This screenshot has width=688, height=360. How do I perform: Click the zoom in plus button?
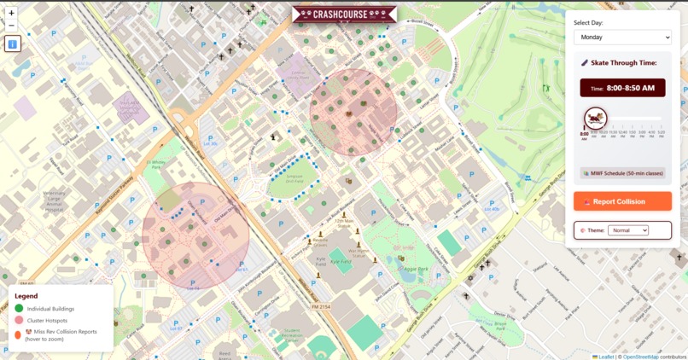click(x=12, y=14)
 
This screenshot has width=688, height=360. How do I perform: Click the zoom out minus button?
click(x=12, y=26)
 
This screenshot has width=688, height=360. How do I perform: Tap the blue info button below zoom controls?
click(x=13, y=44)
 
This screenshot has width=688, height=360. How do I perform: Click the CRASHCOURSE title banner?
click(x=344, y=14)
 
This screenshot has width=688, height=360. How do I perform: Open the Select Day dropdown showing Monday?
click(x=622, y=38)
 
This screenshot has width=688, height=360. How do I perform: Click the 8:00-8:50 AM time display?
click(x=622, y=88)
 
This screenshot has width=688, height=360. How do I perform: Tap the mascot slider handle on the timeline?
click(x=595, y=118)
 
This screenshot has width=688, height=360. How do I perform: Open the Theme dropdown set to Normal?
click(x=627, y=230)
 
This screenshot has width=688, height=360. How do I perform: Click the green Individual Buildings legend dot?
click(x=19, y=308)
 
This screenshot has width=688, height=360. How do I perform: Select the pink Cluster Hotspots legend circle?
click(x=19, y=320)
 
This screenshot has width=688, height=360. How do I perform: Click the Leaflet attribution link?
click(x=604, y=357)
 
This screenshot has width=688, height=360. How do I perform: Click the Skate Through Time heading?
click(x=622, y=63)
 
